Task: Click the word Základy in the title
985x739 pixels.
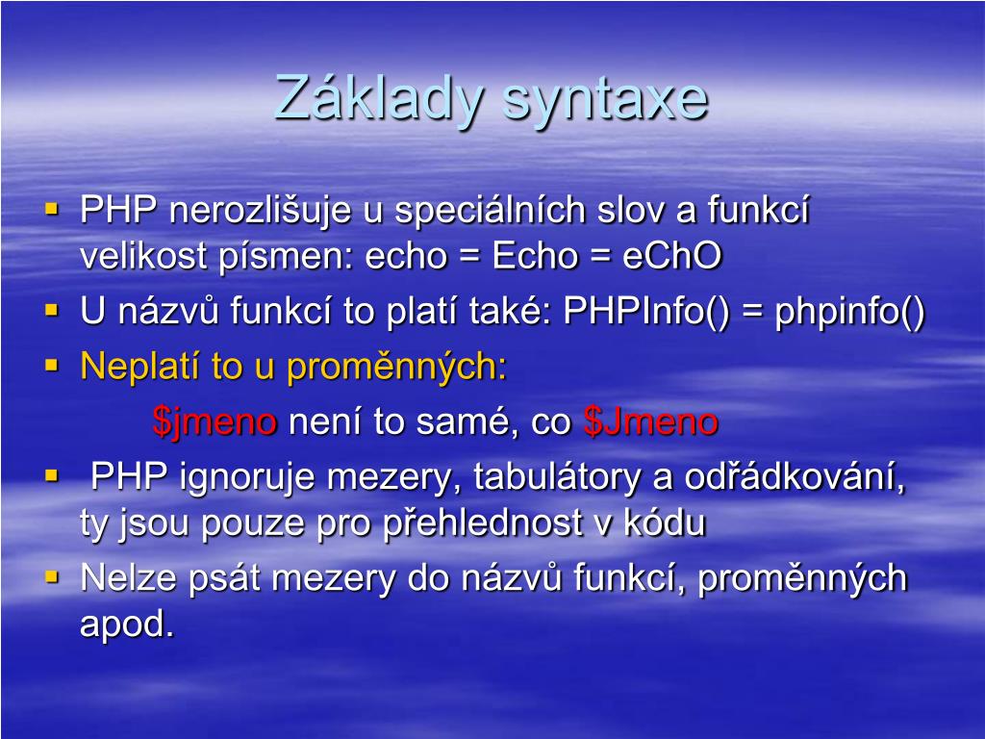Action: click(379, 98)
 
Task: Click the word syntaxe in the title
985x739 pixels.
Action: click(606, 100)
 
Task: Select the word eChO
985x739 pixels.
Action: click(672, 256)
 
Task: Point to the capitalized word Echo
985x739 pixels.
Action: click(535, 256)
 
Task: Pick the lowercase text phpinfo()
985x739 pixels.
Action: click(850, 311)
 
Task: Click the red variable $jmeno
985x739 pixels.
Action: click(215, 421)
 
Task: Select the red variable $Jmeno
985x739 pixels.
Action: click(651, 421)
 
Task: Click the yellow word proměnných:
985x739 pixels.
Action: click(396, 368)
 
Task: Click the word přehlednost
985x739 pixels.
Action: click(483, 523)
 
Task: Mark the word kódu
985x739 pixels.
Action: click(665, 522)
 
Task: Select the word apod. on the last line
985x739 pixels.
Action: click(126, 624)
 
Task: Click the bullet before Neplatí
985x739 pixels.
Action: click(52, 365)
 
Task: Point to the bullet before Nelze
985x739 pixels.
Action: click(52, 576)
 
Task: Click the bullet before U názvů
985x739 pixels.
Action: click(52, 309)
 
